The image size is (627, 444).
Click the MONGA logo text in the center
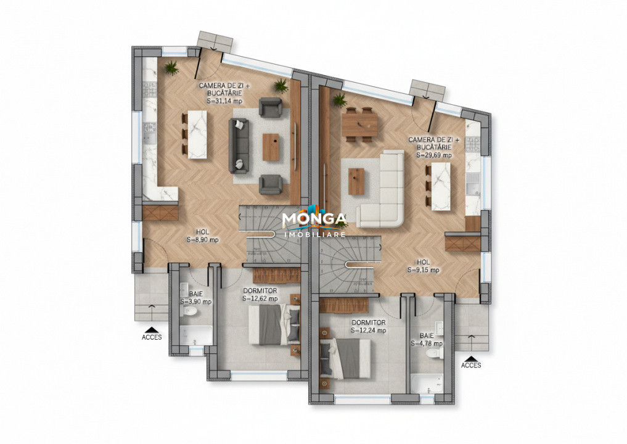[x=314, y=220]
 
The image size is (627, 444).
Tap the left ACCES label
[x=152, y=337]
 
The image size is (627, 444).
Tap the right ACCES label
[x=471, y=365]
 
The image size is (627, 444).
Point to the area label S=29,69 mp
[x=433, y=155]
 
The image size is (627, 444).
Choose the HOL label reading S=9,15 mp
[x=423, y=270]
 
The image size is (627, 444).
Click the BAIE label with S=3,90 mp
[x=196, y=302]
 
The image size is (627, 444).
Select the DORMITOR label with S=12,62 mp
[x=260, y=298]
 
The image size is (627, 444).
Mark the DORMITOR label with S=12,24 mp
[x=369, y=331]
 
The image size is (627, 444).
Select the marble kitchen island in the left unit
[x=197, y=133]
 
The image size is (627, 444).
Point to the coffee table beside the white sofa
[x=356, y=181]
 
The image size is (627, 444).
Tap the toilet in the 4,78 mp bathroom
[x=436, y=355]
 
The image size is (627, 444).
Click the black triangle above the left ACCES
[x=152, y=328]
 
